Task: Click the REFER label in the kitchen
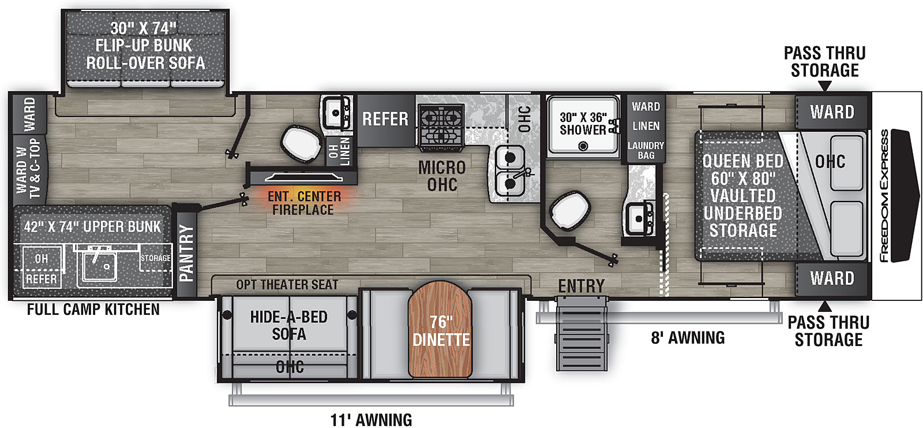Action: [385, 120]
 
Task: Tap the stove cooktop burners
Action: [441, 125]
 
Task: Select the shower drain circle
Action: [583, 146]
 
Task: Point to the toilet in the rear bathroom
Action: [301, 143]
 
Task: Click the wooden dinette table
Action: [440, 329]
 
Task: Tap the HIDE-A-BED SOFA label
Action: [289, 326]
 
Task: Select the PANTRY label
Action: [187, 253]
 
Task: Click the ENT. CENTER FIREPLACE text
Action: [304, 203]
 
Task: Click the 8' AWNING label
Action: [688, 338]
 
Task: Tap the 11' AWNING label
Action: [371, 420]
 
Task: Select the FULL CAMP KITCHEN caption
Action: [93, 310]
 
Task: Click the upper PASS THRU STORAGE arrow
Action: [824, 86]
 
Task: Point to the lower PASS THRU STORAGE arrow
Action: [824, 306]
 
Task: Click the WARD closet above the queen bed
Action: [832, 112]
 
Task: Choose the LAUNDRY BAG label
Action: [646, 151]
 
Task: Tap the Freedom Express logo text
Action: [884, 196]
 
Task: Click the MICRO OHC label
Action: [442, 176]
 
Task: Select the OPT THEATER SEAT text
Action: [287, 285]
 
